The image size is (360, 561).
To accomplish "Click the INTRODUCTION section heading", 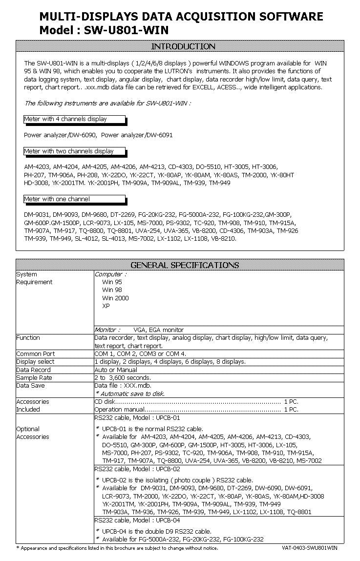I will pos(183,46).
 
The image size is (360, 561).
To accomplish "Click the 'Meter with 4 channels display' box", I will pos(74,119).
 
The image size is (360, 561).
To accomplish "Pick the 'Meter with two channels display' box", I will pos(74,151).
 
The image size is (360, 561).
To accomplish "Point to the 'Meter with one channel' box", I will pos(74,199).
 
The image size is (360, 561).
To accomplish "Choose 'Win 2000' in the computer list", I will pos(115,298).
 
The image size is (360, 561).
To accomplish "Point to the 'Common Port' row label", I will pos(36,354).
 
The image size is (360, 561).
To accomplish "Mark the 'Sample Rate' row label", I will pos(34,378).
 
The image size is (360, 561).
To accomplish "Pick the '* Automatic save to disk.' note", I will pos(129,394).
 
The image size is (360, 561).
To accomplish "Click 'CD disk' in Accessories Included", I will pos(105,402).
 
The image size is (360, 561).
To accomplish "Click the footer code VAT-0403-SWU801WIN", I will pos(309,548).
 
